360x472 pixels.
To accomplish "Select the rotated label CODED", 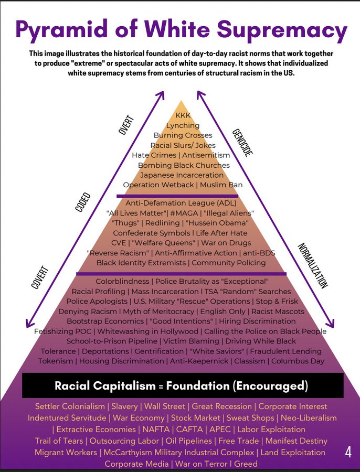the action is [x=82, y=202].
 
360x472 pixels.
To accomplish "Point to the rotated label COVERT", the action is [x=40, y=277].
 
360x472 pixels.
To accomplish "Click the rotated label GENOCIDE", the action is [x=242, y=143].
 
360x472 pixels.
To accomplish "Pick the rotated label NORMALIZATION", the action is [x=312, y=265].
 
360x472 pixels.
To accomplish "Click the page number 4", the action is [x=348, y=452].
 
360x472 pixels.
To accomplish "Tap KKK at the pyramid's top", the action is [x=183, y=115].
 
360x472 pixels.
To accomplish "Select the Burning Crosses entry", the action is [x=183, y=135].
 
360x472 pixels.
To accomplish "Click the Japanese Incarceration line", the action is [x=182, y=175].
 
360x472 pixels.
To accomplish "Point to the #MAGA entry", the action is [x=184, y=213].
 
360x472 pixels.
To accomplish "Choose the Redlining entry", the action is [x=163, y=223].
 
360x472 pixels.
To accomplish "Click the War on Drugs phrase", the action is [x=226, y=243].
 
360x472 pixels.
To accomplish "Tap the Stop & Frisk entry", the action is [x=277, y=301].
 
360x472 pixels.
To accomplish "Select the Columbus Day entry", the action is [x=298, y=361].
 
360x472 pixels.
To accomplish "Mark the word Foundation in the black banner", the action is [x=198, y=385].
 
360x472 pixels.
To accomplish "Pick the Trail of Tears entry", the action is [x=59, y=441].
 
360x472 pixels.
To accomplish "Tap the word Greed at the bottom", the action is [x=246, y=464].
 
